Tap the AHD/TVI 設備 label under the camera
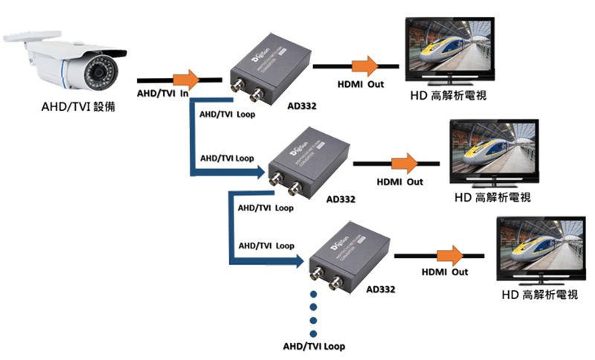click(x=79, y=106)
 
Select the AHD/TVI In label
click(x=163, y=94)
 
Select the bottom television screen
click(x=541, y=246)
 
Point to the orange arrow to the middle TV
click(x=405, y=163)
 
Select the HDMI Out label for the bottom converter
click(x=445, y=272)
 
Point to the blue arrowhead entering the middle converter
click(x=261, y=174)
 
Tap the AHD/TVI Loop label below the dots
click(x=314, y=347)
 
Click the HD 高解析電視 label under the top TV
click(x=448, y=96)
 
